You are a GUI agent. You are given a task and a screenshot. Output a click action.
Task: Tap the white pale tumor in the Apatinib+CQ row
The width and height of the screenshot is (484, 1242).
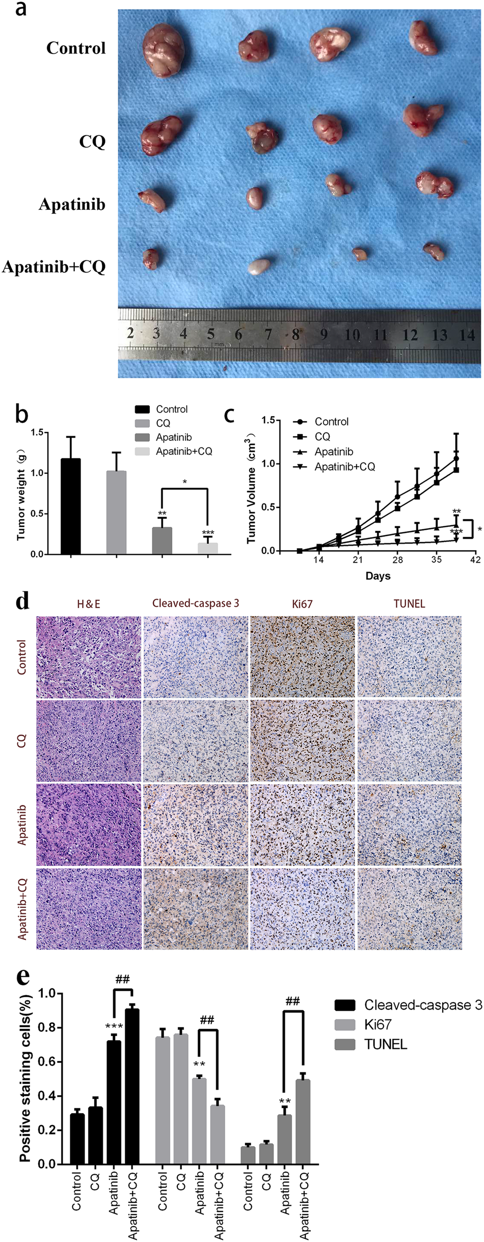[x=260, y=266]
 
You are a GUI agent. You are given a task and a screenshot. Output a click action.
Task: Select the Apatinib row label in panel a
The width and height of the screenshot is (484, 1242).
[x=72, y=204]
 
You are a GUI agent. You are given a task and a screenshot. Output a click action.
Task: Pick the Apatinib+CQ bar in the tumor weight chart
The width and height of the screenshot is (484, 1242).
[x=208, y=548]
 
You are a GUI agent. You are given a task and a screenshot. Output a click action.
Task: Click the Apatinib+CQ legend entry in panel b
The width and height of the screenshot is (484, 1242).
[x=183, y=451]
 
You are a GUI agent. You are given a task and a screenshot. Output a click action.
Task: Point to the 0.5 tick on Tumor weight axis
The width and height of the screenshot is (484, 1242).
[x=37, y=514]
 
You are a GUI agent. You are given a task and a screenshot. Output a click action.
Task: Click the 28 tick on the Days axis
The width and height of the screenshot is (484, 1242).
[x=397, y=559]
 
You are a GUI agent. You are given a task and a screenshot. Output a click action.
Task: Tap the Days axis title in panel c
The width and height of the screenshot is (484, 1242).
[x=378, y=576]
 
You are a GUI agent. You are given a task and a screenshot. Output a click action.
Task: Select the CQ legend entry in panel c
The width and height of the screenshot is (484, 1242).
[x=322, y=437]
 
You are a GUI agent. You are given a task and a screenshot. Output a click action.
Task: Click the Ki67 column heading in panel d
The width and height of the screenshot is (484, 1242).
[x=302, y=604]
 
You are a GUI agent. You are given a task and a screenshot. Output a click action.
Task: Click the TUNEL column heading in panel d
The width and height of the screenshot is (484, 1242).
[x=409, y=604]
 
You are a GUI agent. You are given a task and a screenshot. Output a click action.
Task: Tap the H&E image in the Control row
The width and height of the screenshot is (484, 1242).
[x=89, y=657]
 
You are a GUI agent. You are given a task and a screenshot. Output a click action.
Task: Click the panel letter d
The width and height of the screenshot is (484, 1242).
[x=22, y=601]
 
